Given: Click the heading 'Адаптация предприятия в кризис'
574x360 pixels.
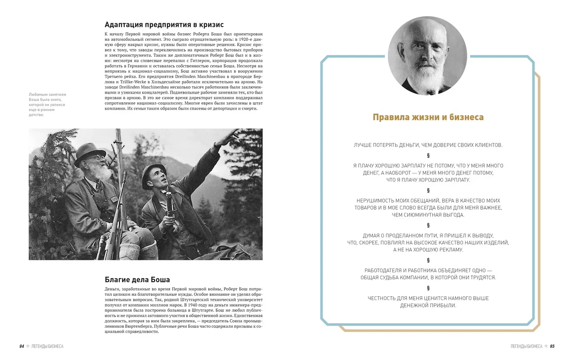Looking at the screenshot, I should click(x=164, y=25).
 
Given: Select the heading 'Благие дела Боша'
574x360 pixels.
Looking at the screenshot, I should click(x=137, y=280).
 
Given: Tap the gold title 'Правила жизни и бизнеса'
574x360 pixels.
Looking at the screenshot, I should click(x=428, y=117).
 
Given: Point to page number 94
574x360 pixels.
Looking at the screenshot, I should click(x=22, y=346).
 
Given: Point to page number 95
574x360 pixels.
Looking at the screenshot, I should click(x=552, y=346).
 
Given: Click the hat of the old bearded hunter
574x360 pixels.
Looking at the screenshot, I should click(x=89, y=154).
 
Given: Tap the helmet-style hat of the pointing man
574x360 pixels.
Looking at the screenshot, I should click(x=152, y=174).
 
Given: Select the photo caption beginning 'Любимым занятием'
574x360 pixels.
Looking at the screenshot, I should click(x=48, y=105).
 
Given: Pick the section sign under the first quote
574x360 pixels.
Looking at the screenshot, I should click(x=428, y=156).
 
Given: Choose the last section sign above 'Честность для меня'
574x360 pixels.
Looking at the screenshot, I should click(x=428, y=288).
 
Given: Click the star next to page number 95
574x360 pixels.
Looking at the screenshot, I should click(x=546, y=346).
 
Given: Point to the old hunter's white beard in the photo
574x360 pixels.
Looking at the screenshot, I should click(x=104, y=173).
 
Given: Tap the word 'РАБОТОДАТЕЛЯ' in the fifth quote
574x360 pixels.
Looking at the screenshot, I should click(x=383, y=270).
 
